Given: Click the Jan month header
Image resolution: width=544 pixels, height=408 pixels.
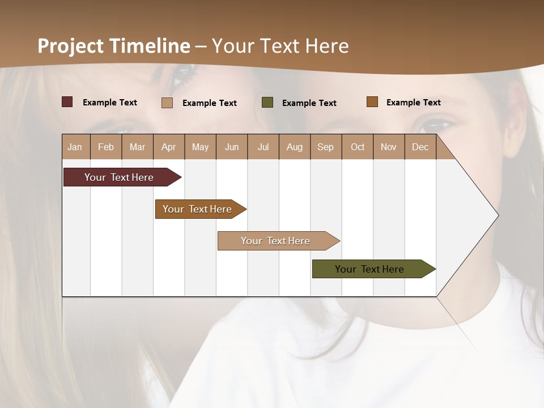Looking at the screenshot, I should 75,147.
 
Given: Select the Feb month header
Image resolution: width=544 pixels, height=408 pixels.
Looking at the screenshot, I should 106,147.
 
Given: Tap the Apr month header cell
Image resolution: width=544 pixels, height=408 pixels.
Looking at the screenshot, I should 169,147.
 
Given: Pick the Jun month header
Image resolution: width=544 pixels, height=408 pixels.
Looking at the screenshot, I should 232,147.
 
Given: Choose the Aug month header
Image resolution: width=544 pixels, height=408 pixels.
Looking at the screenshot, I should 295,147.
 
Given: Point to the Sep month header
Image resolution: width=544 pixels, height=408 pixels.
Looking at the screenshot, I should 326,147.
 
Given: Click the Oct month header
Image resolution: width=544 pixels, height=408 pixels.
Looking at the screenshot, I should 358,147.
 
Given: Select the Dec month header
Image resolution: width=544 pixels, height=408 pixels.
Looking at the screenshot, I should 420,147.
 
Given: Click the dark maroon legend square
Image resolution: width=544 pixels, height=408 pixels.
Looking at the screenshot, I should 67,102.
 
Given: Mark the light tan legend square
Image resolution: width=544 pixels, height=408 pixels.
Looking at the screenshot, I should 167,103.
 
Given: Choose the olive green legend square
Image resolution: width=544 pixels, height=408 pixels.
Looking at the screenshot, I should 267,103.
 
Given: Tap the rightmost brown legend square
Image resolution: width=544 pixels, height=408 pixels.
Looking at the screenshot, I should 372,102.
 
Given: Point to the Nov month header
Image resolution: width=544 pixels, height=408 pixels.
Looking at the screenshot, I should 389,147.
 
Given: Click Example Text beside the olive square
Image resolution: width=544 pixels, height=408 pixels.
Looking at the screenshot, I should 309,103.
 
